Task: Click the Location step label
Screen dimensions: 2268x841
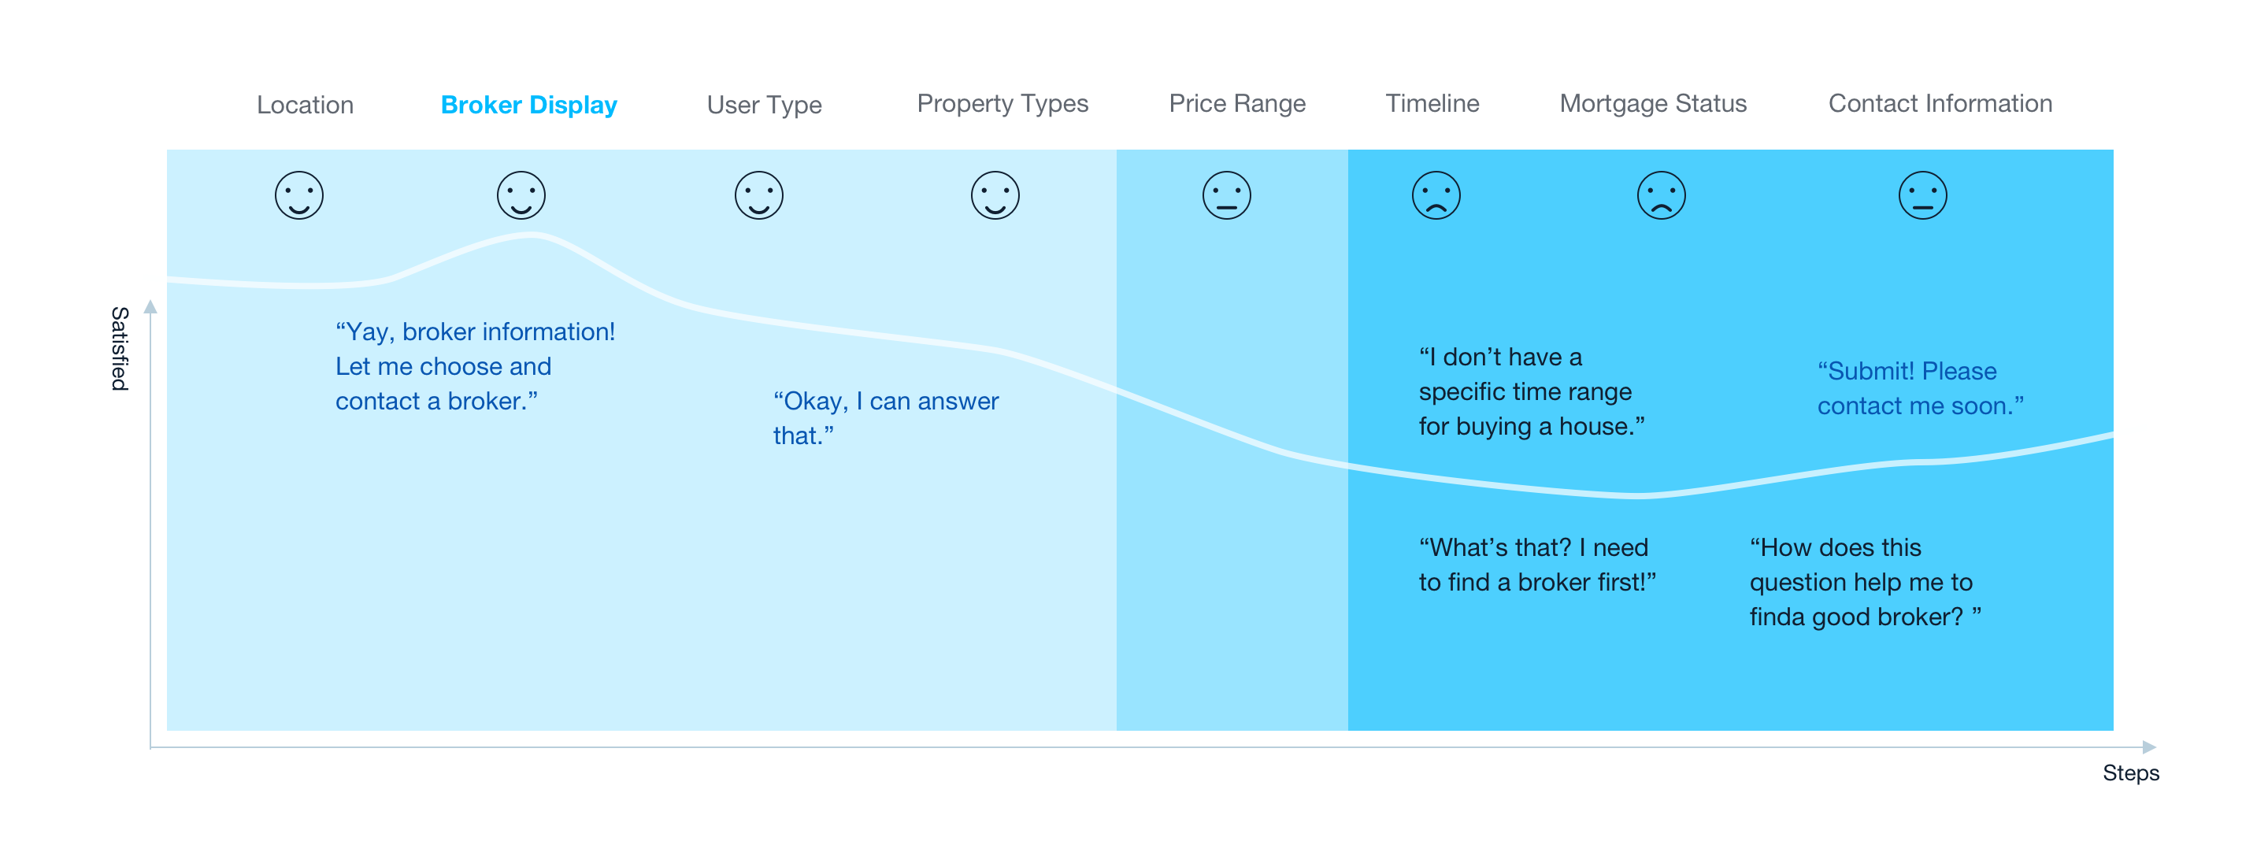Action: point(305,105)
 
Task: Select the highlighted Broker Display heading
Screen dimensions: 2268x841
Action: point(529,105)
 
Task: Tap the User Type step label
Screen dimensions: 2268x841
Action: point(764,105)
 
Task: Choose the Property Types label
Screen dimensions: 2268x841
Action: point(1002,104)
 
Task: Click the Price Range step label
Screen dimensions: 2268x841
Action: point(1237,104)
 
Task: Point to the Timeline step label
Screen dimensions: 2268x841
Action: point(1432,103)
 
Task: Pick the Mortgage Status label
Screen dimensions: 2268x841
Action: point(1654,104)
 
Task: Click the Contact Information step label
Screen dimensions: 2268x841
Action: point(1940,103)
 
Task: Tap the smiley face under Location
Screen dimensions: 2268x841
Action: point(299,195)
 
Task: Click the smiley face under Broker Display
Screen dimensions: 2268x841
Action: point(521,195)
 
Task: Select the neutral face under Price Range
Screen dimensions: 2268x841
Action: point(1226,195)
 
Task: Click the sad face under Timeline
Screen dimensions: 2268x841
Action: point(1436,195)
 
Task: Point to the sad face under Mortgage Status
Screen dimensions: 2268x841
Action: point(1662,195)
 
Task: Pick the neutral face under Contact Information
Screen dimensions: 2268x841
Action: point(1923,195)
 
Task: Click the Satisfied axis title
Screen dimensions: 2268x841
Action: point(120,349)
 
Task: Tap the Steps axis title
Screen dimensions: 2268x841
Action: point(2131,773)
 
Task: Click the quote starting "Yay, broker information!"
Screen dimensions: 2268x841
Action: point(476,366)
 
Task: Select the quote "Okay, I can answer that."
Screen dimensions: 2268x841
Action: point(886,418)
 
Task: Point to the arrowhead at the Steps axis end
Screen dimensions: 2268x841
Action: point(2149,747)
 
